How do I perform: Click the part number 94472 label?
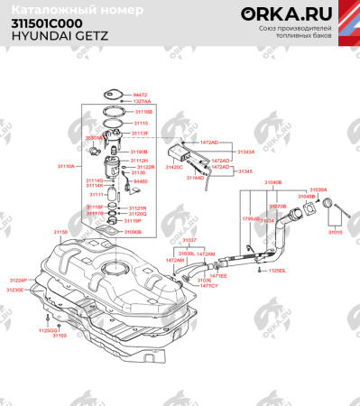point(140,95)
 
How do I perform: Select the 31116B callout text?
point(143,110)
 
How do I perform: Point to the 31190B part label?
point(139,152)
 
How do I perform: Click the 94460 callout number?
point(141,181)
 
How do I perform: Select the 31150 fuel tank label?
point(60,232)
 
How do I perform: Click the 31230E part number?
point(16,291)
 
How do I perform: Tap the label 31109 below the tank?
point(60,336)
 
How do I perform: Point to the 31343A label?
point(246,152)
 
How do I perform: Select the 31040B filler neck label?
point(272,182)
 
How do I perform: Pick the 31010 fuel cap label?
point(335,232)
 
